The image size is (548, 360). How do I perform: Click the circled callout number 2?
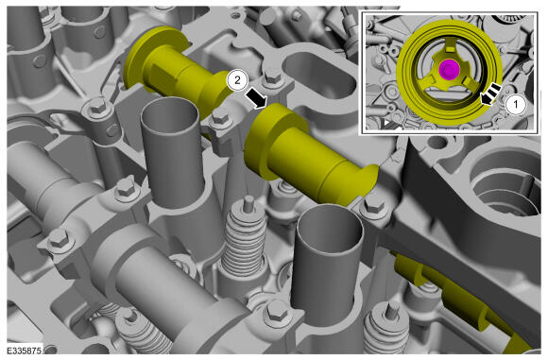[x=237, y=80]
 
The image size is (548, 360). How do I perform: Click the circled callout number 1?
[x=516, y=104]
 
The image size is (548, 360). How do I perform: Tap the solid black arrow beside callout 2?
[x=256, y=98]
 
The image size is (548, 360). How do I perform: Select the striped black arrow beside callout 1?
[x=491, y=94]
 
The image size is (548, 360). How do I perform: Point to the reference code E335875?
[x=26, y=350]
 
